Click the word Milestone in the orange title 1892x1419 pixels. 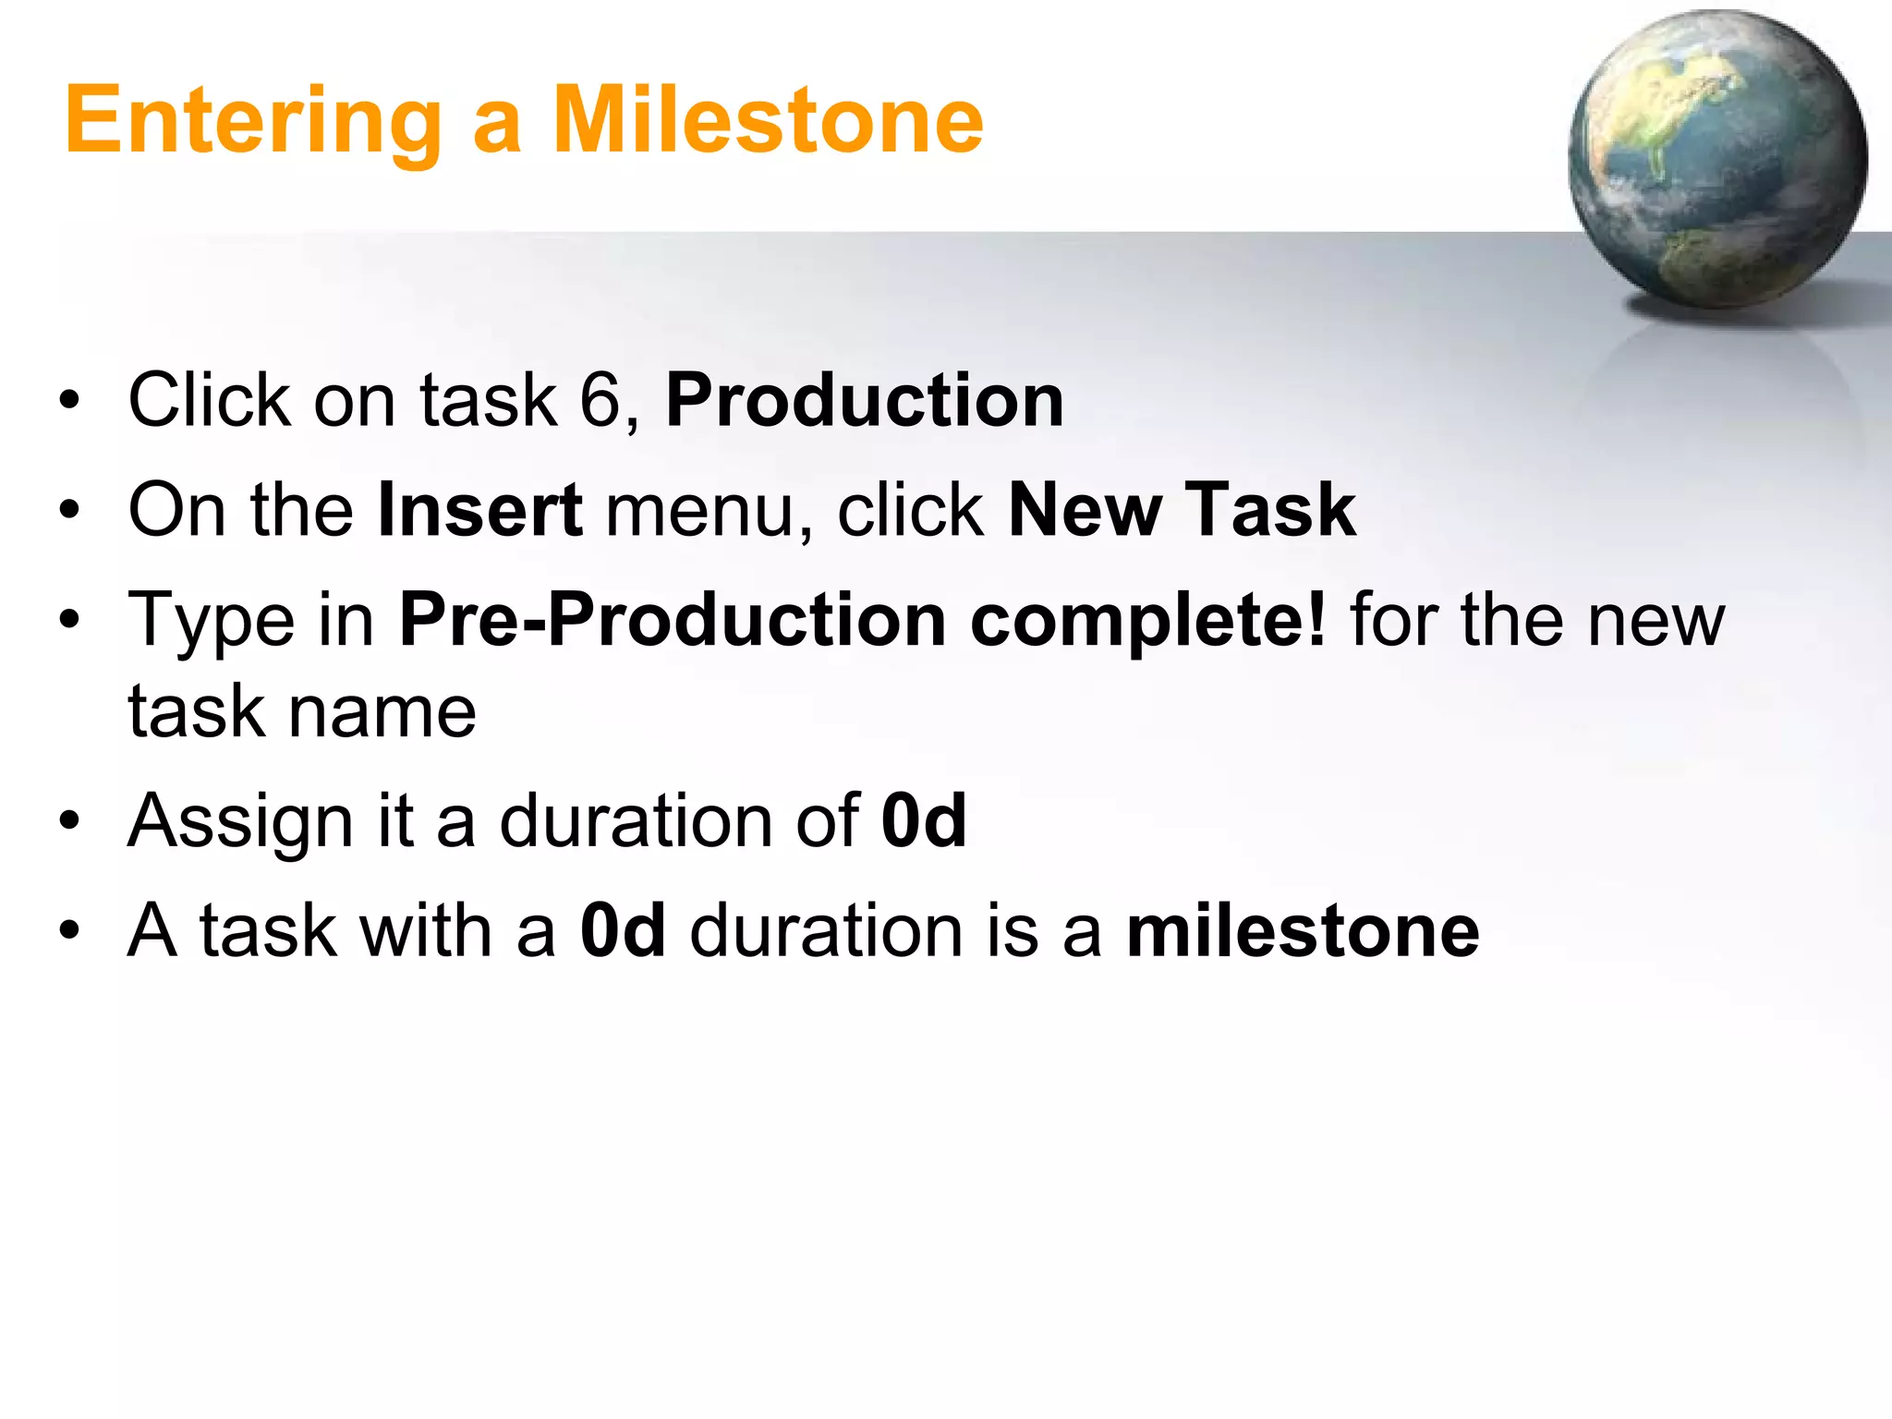coord(768,120)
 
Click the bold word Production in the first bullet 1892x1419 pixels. coord(865,401)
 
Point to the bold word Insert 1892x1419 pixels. coord(480,510)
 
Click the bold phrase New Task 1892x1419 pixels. coord(1182,510)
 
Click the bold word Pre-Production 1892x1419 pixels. coord(673,620)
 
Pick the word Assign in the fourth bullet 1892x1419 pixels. coord(240,822)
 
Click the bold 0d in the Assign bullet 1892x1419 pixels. coord(924,820)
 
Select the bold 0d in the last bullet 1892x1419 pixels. coord(623,930)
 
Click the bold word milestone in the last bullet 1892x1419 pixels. coord(1303,930)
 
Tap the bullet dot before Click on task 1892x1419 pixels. coord(69,403)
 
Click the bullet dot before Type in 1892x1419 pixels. coord(69,621)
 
